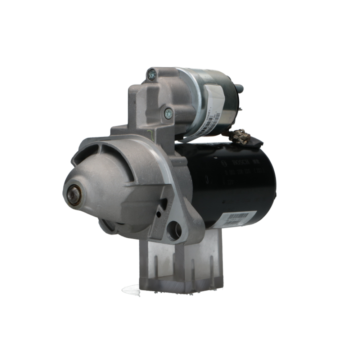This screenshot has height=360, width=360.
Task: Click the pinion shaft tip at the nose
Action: pyautogui.click(x=75, y=195)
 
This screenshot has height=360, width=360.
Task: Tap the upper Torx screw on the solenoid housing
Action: pyautogui.click(x=151, y=75)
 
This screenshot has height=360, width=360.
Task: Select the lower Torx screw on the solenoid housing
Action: pyautogui.click(x=168, y=113)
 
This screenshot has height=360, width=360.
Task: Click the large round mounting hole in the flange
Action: pyautogui.click(x=174, y=230)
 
